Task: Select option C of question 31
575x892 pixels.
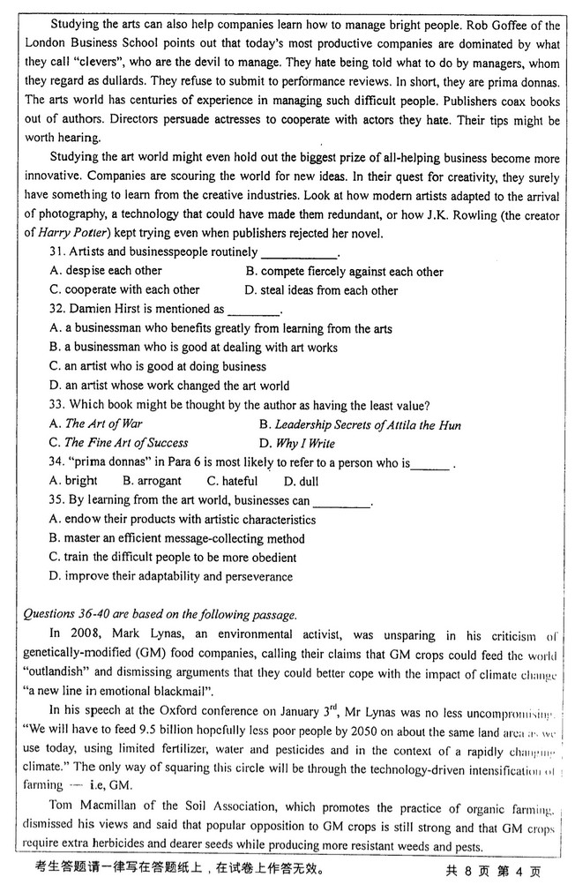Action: (x=124, y=289)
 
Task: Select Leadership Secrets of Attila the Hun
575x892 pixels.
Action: (x=367, y=424)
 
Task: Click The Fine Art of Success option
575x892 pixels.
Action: (x=126, y=443)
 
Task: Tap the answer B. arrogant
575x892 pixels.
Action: (x=152, y=481)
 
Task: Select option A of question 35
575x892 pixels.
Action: (x=183, y=520)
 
